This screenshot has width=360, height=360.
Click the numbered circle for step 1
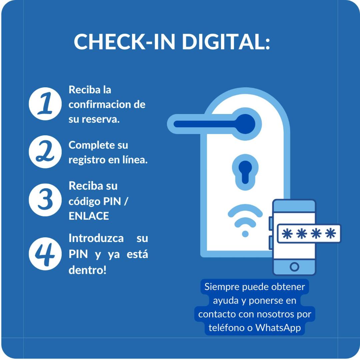pyautogui.click(x=45, y=104)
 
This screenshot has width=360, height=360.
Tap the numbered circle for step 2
pyautogui.click(x=45, y=152)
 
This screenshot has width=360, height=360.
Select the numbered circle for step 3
pyautogui.click(x=45, y=200)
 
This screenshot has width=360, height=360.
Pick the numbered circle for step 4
pyautogui.click(x=45, y=254)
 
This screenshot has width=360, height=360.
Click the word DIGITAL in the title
pyautogui.click(x=225, y=42)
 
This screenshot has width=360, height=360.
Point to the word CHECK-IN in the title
pyautogui.click(x=124, y=42)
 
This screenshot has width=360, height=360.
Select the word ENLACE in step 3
pyautogui.click(x=89, y=216)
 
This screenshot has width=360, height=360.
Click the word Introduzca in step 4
pyautogui.click(x=96, y=238)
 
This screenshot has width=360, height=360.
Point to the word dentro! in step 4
pyautogui.click(x=87, y=270)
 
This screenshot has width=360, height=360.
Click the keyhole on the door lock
pyautogui.click(x=245, y=172)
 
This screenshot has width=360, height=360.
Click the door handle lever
pyautogui.click(x=214, y=124)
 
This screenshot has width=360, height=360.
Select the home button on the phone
pyautogui.click(x=294, y=267)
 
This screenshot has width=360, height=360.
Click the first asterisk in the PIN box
pyautogui.click(x=287, y=234)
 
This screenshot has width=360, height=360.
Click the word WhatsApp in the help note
pyautogui.click(x=278, y=328)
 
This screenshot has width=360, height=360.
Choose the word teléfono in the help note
pyautogui.click(x=227, y=328)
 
